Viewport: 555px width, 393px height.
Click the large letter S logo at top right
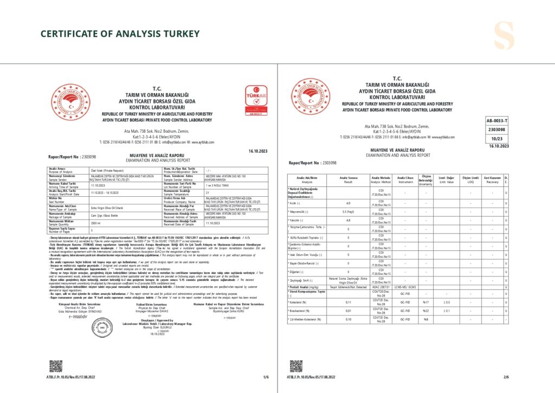(x=507, y=36)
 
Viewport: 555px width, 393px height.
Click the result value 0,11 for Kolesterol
(x=348, y=301)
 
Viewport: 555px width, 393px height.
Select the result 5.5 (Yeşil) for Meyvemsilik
(x=348, y=210)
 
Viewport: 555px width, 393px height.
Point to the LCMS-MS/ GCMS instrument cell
(x=406, y=287)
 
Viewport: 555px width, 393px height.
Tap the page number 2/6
(x=506, y=376)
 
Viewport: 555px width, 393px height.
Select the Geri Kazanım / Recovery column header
(x=492, y=179)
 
